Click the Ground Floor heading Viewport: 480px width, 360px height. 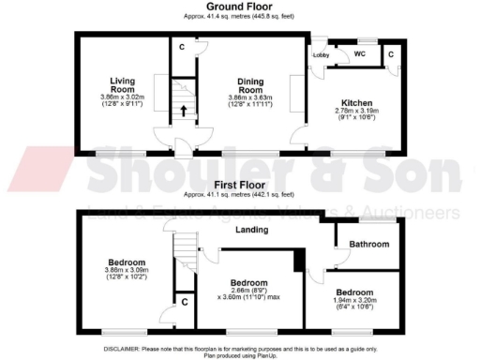(240, 7)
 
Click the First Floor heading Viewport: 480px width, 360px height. (240, 186)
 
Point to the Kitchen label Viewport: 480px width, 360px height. (357, 103)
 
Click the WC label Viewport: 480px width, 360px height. (359, 55)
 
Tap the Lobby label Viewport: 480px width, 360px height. (322, 55)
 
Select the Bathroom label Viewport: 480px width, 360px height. (363, 244)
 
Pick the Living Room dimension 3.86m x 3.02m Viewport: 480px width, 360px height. (123, 97)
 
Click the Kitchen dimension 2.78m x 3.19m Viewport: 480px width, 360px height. (357, 112)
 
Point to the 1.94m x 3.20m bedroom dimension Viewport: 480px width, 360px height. (361, 301)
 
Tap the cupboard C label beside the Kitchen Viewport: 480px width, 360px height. (391, 55)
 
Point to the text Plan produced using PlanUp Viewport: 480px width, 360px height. (240, 353)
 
